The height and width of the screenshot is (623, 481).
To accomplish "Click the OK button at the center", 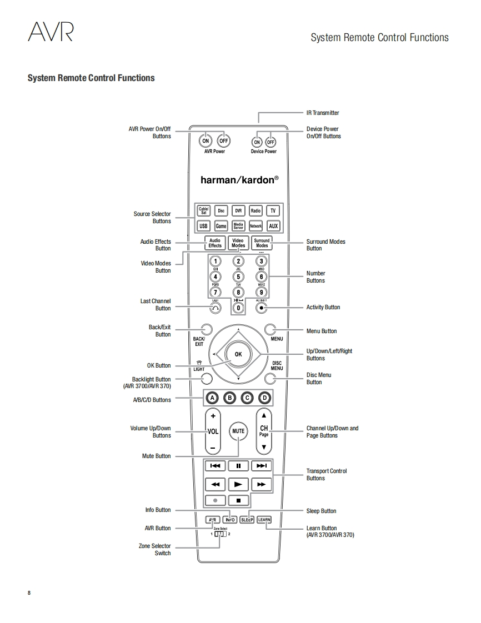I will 238,354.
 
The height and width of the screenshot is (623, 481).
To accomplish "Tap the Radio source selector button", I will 255,211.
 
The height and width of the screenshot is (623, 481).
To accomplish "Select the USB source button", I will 203,226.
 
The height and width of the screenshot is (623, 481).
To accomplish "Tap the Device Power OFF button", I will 270,141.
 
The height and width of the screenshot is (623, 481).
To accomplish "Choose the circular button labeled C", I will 247,398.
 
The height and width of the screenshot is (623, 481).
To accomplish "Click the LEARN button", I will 264,520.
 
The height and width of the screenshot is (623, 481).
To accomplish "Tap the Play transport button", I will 238,484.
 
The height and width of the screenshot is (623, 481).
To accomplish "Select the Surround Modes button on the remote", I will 262,243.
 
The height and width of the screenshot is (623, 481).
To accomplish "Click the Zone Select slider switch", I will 220,534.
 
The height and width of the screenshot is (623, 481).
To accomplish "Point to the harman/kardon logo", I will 239,180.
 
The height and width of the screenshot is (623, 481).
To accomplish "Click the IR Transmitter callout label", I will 323,113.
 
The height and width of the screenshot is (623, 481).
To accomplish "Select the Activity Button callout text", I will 323,307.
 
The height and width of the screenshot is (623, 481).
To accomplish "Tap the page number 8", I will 29,592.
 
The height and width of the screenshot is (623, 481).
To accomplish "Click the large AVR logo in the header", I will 51,32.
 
